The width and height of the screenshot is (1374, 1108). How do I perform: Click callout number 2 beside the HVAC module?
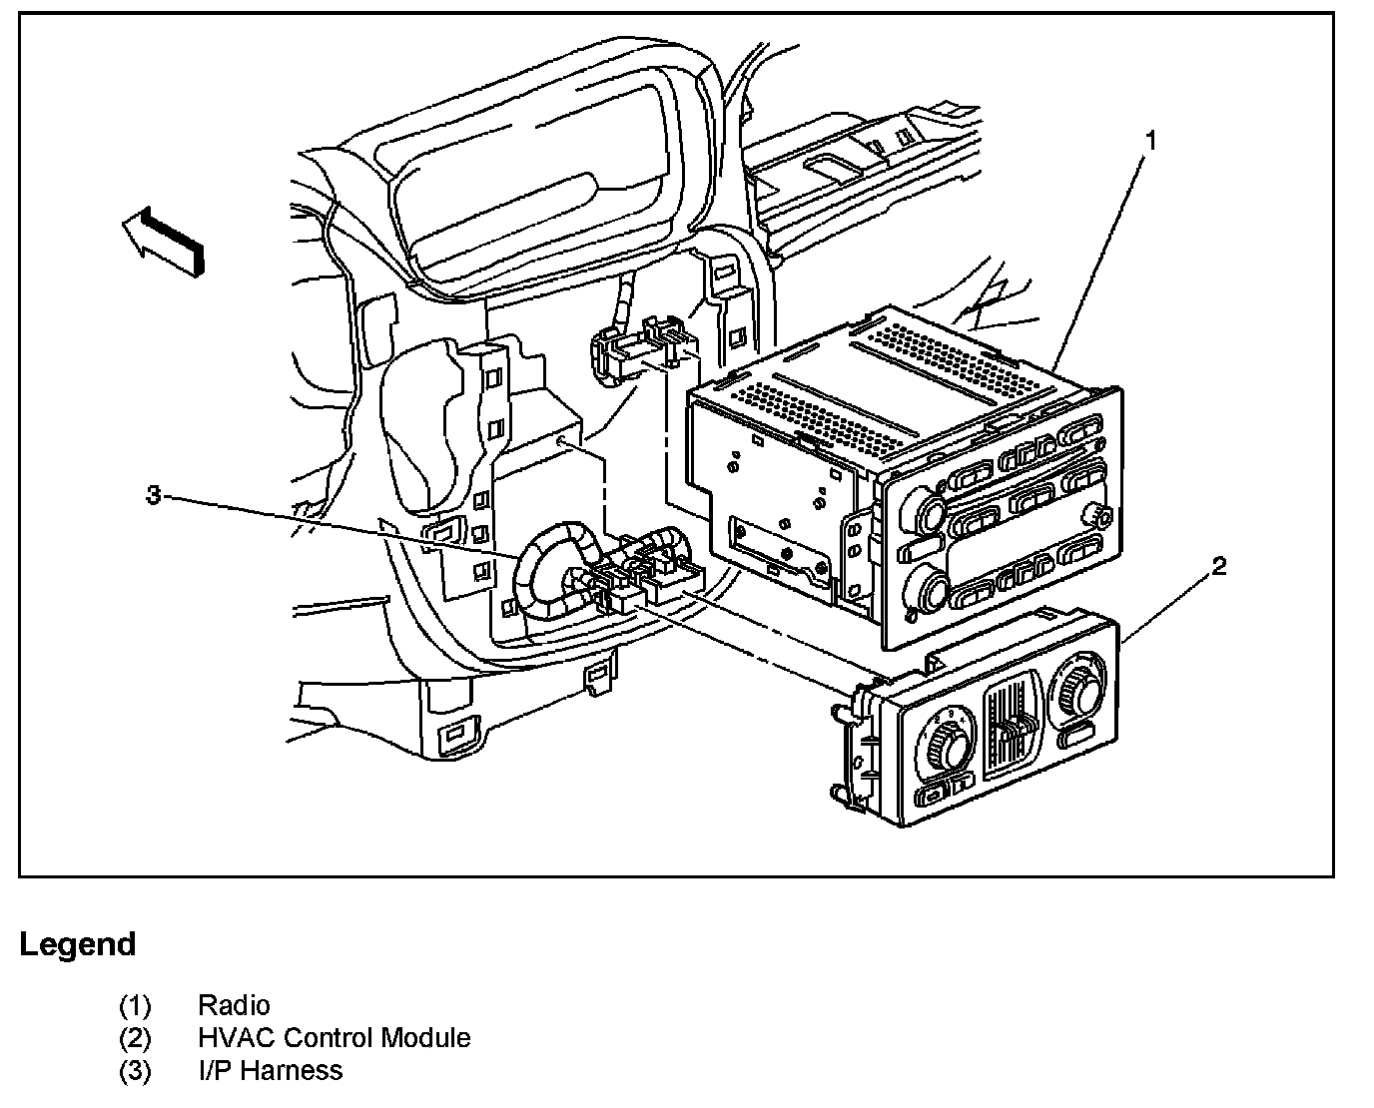(1217, 567)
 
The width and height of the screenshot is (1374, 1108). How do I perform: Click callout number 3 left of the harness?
(153, 495)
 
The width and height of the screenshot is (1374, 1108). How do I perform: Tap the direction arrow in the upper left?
(164, 241)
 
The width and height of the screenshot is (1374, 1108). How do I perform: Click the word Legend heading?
(78, 944)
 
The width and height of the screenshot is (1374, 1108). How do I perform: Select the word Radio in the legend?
(234, 1005)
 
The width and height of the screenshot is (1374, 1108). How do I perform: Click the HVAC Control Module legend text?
(334, 1038)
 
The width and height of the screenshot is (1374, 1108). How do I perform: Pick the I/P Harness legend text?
(270, 1071)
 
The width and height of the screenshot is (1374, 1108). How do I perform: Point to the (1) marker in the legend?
(135, 1005)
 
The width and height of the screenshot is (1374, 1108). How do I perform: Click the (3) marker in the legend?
(135, 1071)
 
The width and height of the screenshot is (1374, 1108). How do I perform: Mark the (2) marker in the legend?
(135, 1038)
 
